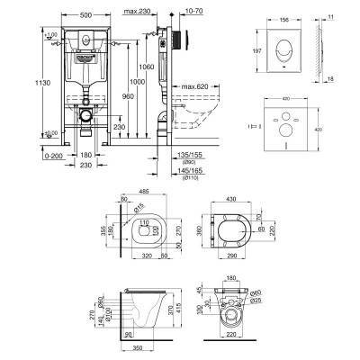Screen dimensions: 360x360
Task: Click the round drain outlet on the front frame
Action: click(83, 116)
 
